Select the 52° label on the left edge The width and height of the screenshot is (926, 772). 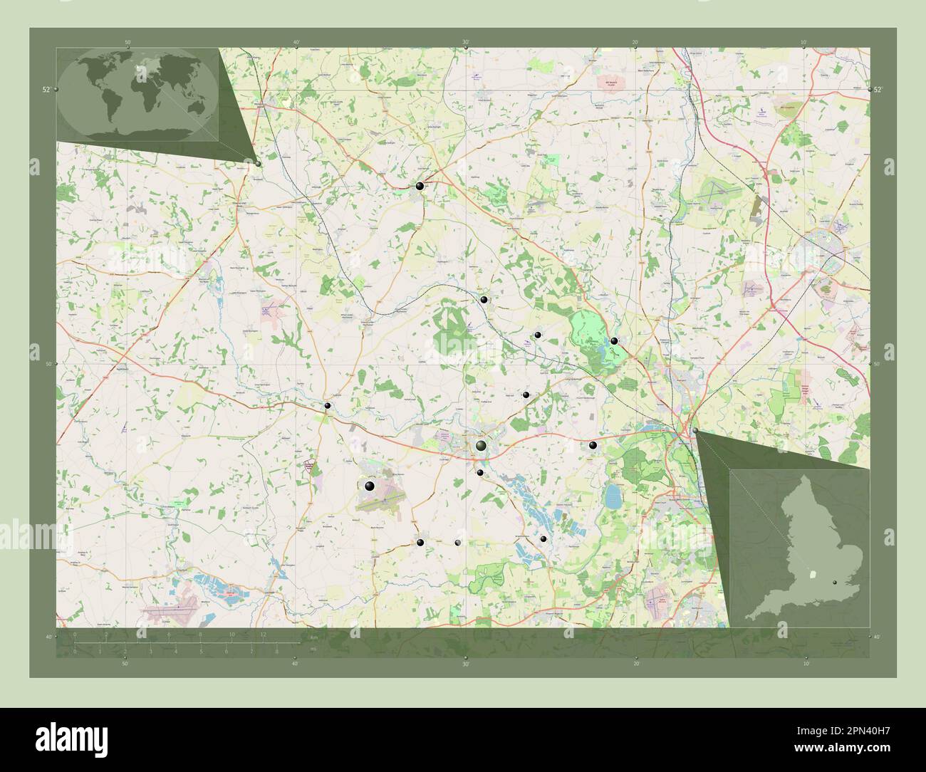[x=46, y=90]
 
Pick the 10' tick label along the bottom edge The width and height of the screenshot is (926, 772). [x=804, y=663]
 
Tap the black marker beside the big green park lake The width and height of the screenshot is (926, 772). [x=614, y=340]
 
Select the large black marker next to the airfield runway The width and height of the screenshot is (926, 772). [x=369, y=486]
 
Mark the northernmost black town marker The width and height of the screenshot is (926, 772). [x=420, y=186]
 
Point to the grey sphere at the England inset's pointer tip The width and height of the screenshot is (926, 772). [x=695, y=431]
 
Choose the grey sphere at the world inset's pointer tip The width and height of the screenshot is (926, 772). [x=258, y=163]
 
